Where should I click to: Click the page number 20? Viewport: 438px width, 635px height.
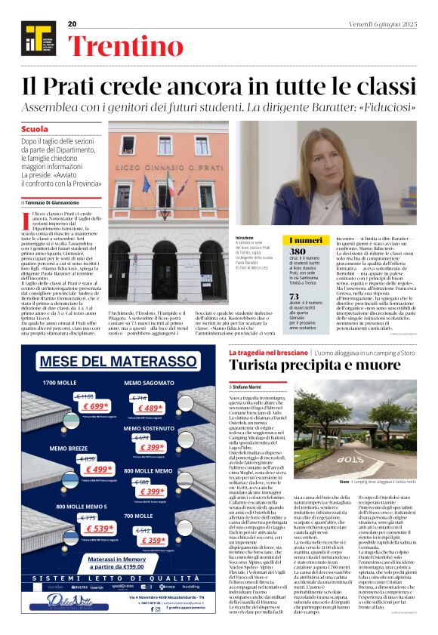(72, 24)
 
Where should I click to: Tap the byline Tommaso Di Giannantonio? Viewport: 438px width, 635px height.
(57, 203)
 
